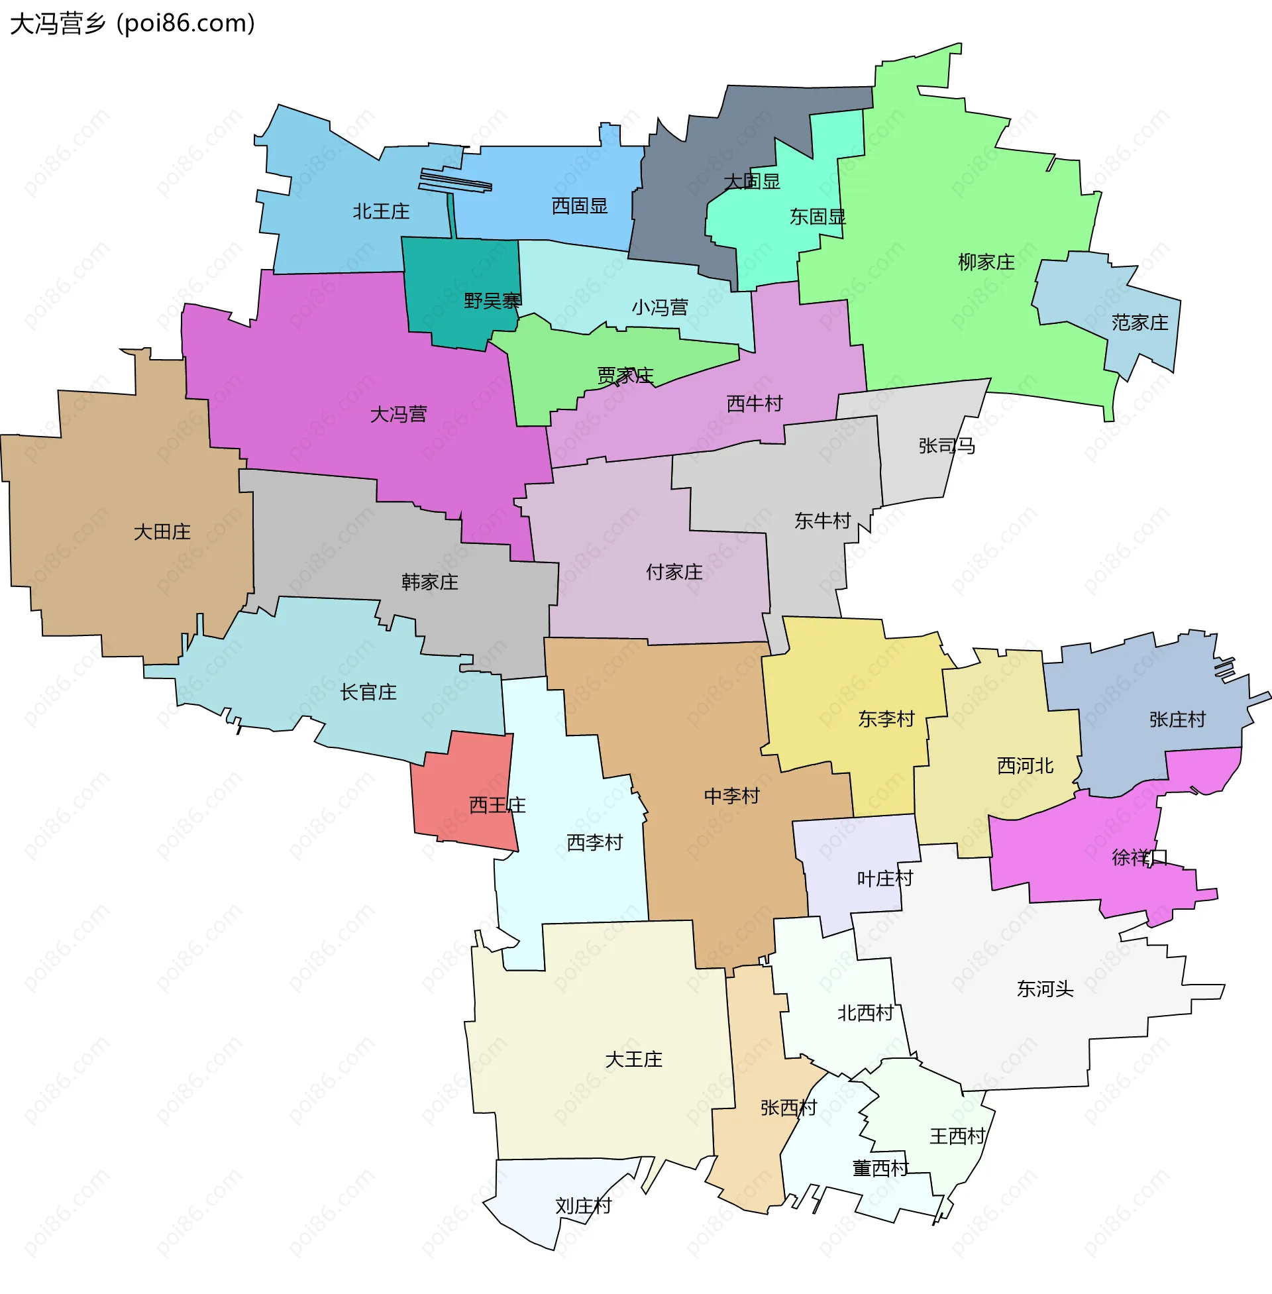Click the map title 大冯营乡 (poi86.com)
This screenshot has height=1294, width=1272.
(x=132, y=24)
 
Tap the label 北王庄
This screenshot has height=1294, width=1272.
(x=381, y=211)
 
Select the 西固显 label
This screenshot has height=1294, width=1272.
(x=579, y=206)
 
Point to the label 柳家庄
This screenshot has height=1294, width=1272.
(x=986, y=262)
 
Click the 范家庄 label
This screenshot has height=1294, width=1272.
(x=1139, y=323)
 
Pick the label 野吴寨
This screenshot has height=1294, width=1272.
(x=492, y=301)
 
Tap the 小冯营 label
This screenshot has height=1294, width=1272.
(x=659, y=307)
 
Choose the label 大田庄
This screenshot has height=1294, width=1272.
(x=162, y=532)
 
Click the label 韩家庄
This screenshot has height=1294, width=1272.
(x=429, y=582)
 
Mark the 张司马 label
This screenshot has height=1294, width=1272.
(x=947, y=446)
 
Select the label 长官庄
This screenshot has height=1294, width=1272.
(x=368, y=692)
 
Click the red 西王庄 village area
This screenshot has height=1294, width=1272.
(x=461, y=782)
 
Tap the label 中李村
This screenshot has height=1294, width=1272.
(x=731, y=796)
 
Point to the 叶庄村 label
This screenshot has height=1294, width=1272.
(x=884, y=879)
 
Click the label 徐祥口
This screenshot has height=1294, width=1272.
(x=1139, y=857)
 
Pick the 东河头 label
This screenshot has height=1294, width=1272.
(x=1045, y=989)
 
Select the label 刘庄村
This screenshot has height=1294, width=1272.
(x=583, y=1206)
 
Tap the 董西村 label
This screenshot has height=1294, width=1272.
(x=880, y=1167)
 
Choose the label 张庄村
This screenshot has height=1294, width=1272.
(x=1177, y=720)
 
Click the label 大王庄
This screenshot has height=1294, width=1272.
(x=633, y=1059)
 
